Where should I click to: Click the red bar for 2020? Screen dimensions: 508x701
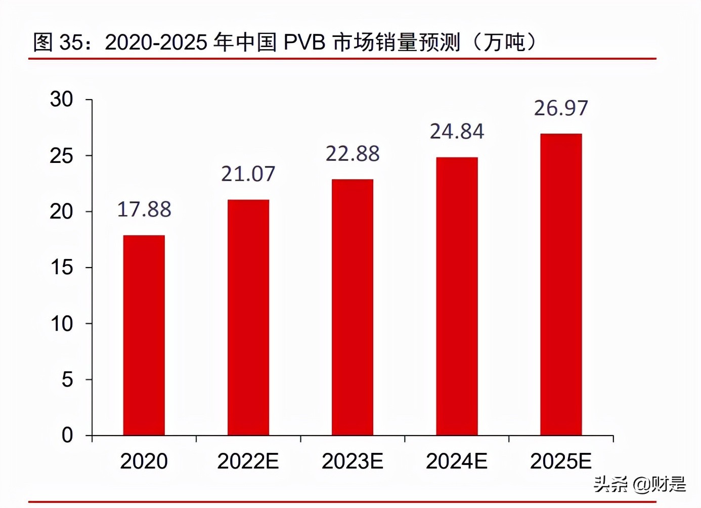click(x=144, y=335)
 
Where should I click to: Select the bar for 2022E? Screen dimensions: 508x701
click(x=248, y=317)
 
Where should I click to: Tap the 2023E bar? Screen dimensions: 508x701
click(x=353, y=307)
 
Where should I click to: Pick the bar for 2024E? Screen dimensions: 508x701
click(x=457, y=296)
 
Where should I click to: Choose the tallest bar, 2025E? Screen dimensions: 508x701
click(x=561, y=284)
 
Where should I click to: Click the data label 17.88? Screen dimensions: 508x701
click(x=144, y=209)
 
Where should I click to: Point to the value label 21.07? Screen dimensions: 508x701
click(x=248, y=174)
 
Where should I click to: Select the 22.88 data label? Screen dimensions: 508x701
click(x=353, y=154)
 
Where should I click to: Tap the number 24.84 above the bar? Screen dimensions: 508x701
click(x=457, y=132)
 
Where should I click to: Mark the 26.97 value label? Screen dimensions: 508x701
click(x=561, y=108)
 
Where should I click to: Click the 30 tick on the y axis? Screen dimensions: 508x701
click(x=62, y=99)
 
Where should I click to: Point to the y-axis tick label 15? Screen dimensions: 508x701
click(x=62, y=267)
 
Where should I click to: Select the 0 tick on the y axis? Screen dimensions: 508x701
click(x=67, y=435)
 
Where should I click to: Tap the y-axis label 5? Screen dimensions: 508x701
click(x=67, y=379)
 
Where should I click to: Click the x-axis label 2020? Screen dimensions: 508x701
click(x=144, y=461)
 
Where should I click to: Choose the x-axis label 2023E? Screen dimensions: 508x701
click(x=353, y=461)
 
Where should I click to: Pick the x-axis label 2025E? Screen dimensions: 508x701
click(x=561, y=461)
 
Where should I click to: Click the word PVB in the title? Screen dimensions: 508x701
click(x=304, y=43)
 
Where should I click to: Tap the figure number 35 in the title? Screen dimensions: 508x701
click(x=71, y=43)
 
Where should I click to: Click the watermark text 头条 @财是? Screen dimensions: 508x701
click(x=640, y=484)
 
